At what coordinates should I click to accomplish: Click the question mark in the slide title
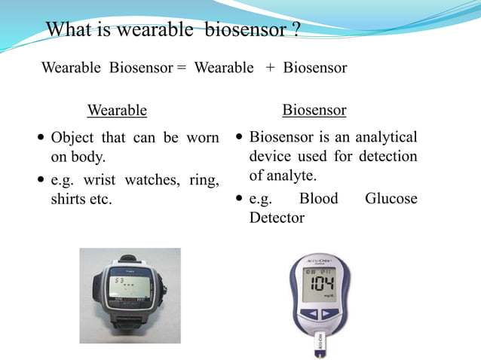point(296,30)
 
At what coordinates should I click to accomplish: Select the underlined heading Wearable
point(117,111)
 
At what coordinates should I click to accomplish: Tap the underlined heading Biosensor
point(314,111)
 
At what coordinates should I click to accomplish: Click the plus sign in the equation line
point(270,68)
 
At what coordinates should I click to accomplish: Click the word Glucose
point(391,199)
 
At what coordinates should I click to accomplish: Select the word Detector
point(277,218)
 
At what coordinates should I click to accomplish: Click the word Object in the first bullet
point(72,139)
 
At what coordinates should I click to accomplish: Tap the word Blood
point(319,199)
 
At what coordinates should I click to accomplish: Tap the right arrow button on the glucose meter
point(335,313)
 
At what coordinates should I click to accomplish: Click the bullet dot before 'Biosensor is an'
point(239,139)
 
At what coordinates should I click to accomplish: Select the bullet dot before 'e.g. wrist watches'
point(40,181)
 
